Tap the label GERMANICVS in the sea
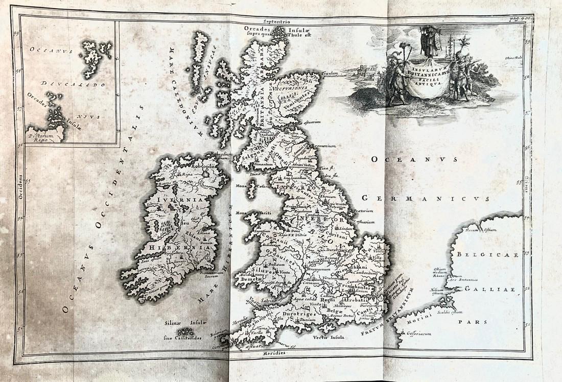coord(425,199)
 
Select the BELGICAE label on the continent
coord(487,254)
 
